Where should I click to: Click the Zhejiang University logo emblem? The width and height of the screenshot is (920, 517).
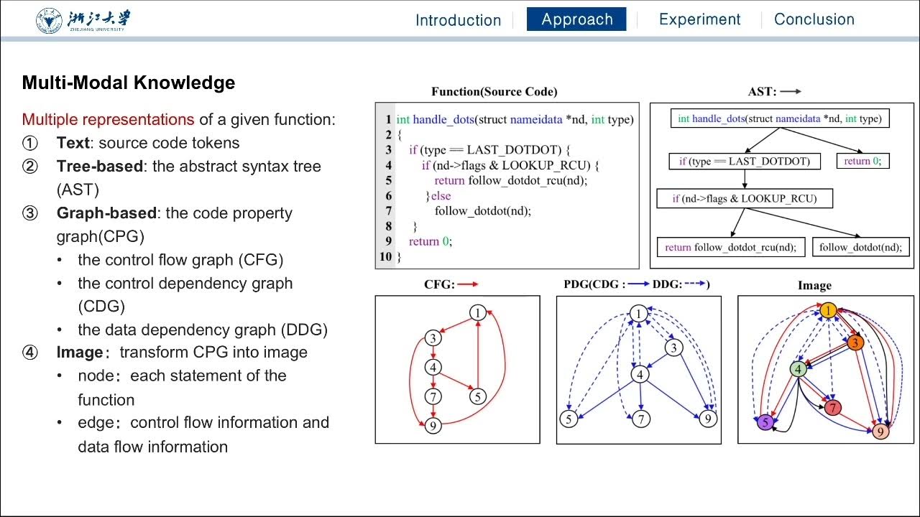[50, 20]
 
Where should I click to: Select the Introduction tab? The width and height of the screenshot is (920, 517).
[458, 20]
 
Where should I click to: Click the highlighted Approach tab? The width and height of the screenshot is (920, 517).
[576, 19]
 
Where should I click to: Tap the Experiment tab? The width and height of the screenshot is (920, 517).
[699, 19]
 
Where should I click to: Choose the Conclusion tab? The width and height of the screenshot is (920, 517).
[814, 19]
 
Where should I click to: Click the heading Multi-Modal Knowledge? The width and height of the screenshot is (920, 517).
[129, 83]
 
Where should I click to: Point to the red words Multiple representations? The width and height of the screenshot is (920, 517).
[108, 119]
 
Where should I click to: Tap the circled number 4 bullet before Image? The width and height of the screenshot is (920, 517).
[29, 353]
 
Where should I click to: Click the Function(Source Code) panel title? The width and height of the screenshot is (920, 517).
[494, 91]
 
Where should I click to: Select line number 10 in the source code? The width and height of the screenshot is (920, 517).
[385, 256]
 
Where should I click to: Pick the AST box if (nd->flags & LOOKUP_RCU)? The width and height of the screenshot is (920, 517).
[745, 199]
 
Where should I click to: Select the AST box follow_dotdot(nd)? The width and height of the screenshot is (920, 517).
[860, 248]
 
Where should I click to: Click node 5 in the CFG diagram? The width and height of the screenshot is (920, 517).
[477, 396]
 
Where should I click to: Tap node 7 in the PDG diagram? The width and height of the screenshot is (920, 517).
[641, 418]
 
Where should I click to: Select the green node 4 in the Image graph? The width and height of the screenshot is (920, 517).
[798, 369]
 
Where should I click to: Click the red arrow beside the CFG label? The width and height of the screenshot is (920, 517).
[468, 284]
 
